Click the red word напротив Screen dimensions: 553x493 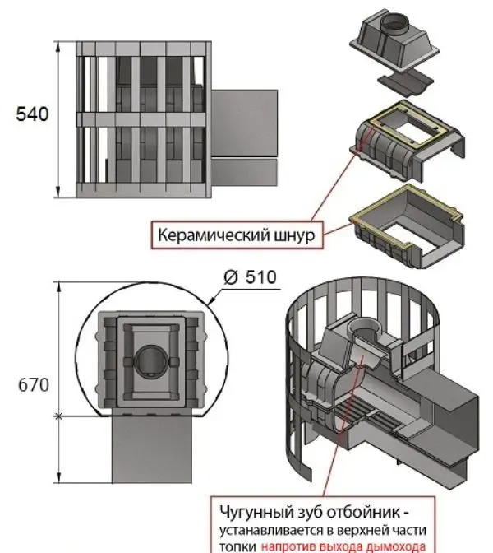(x=293, y=545)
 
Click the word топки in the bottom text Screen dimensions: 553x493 (x=240, y=545)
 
